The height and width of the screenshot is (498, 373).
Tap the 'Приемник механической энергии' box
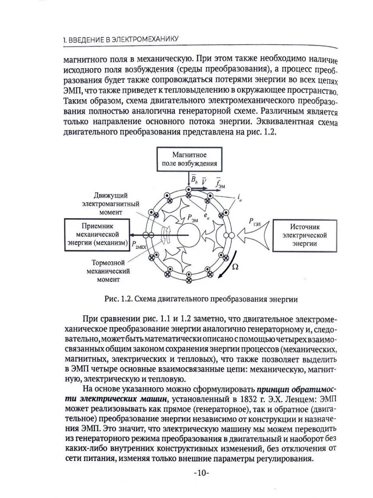point(96,235)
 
